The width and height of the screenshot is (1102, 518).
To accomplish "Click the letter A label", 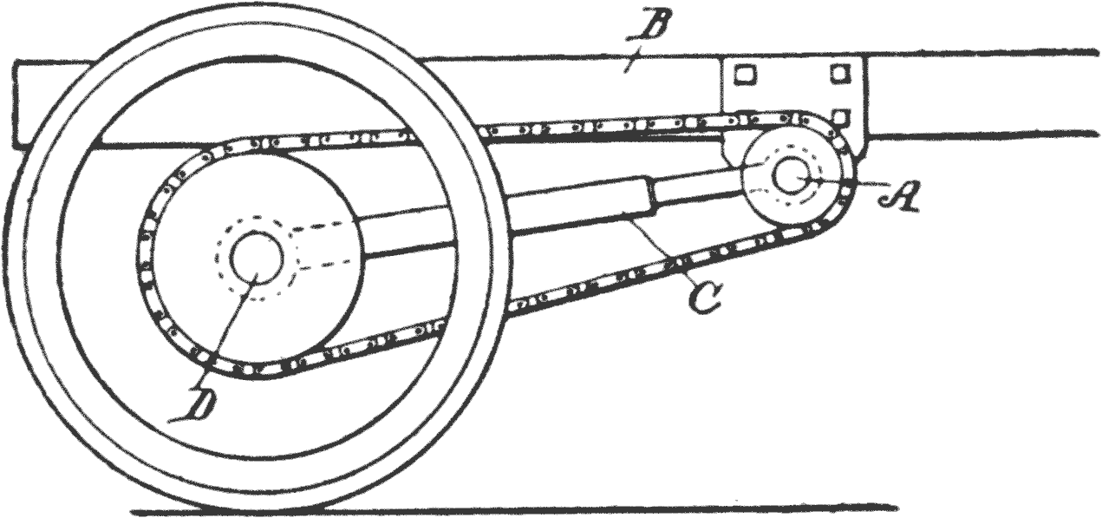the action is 899,195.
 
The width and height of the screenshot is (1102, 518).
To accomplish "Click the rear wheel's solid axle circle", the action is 258,258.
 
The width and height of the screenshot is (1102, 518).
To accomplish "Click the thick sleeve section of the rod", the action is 581,206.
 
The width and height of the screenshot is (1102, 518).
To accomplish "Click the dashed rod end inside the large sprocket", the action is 324,247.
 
